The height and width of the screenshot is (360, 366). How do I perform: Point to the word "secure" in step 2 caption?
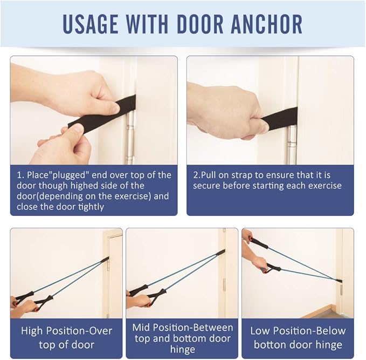pyautogui.click(x=209, y=185)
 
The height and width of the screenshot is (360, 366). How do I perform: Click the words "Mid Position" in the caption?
pyautogui.click(x=162, y=328)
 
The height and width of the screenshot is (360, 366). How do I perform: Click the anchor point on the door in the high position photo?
pyautogui.click(x=106, y=260)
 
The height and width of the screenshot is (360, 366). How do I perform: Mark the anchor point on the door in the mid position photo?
pyautogui.click(x=220, y=252)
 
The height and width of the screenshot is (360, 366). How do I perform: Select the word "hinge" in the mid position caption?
pyautogui.click(x=183, y=349)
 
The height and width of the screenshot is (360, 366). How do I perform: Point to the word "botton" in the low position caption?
pyautogui.click(x=274, y=344)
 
